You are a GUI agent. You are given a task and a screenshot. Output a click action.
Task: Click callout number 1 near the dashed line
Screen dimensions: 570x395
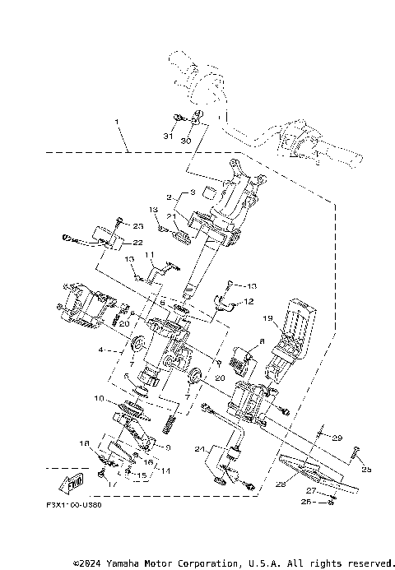click(x=117, y=123)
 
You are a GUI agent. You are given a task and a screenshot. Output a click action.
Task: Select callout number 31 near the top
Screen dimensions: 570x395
click(x=168, y=136)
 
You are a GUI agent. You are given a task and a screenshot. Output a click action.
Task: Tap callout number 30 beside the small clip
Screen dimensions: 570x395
click(x=185, y=141)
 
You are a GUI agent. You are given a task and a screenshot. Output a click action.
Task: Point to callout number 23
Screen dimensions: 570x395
click(x=137, y=225)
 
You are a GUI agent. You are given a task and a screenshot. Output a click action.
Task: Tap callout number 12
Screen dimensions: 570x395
click(x=245, y=302)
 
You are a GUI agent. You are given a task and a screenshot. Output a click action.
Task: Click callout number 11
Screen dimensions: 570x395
click(x=151, y=255)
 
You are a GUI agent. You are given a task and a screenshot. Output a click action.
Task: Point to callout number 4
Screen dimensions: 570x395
click(x=100, y=350)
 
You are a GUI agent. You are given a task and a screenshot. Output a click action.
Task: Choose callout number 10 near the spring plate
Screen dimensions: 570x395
click(x=98, y=399)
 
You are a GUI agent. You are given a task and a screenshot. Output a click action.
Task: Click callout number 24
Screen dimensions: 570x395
click(x=200, y=449)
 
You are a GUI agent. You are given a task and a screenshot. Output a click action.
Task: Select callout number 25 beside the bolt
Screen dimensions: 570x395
click(x=366, y=470)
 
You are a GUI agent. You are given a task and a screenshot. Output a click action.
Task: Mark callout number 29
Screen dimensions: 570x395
click(x=336, y=438)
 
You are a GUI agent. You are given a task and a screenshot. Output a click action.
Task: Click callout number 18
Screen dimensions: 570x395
click(x=84, y=444)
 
